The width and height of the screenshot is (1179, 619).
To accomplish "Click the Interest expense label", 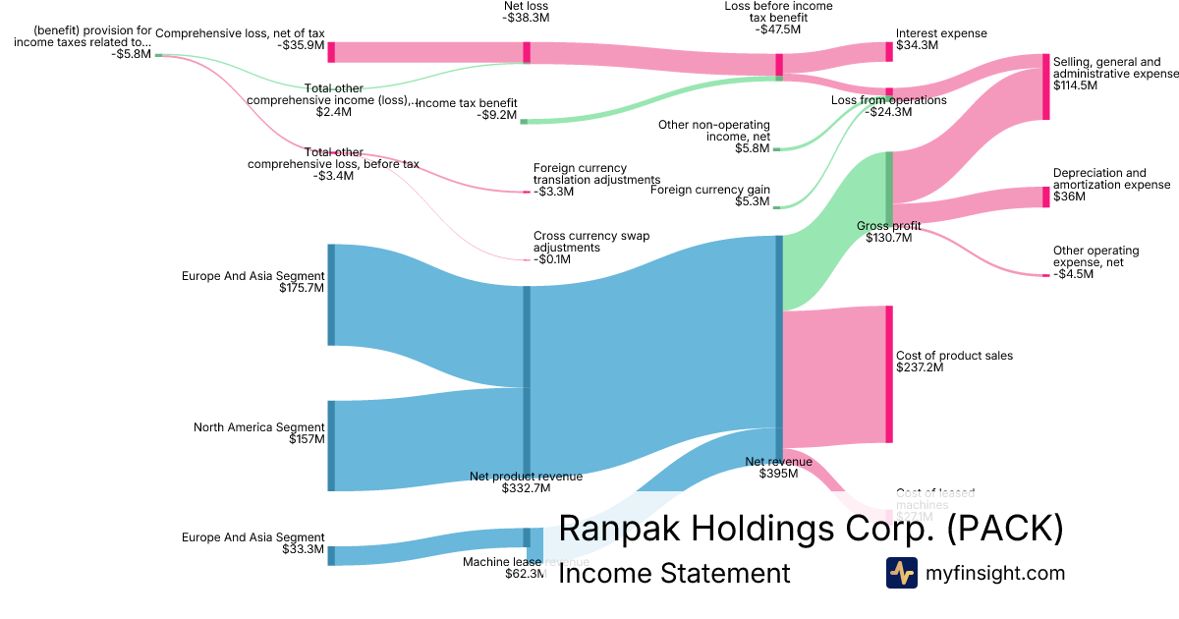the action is [x=941, y=39].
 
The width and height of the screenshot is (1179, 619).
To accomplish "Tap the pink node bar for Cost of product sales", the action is [x=889, y=374].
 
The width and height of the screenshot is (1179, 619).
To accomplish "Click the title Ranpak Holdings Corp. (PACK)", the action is [x=811, y=528].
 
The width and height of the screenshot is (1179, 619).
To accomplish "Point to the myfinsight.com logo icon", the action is [x=901, y=573].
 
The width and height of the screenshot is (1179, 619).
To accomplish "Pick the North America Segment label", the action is [x=258, y=433].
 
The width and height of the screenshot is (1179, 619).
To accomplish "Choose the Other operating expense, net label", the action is [x=1095, y=262].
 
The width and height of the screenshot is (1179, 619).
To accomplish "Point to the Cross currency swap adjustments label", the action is [x=590, y=248].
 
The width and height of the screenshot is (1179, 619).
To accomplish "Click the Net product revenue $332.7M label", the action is [x=526, y=481].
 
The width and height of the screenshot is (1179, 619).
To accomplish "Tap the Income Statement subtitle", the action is [x=674, y=573].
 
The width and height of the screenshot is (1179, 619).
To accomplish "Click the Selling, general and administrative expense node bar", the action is [x=1046, y=87].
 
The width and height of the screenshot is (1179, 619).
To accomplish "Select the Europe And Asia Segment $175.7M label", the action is [x=253, y=283].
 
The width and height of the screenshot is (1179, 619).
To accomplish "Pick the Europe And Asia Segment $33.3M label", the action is [x=253, y=543].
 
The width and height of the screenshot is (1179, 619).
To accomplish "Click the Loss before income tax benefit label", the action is [x=777, y=18].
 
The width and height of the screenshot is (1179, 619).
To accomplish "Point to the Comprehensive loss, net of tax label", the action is [x=240, y=39].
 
